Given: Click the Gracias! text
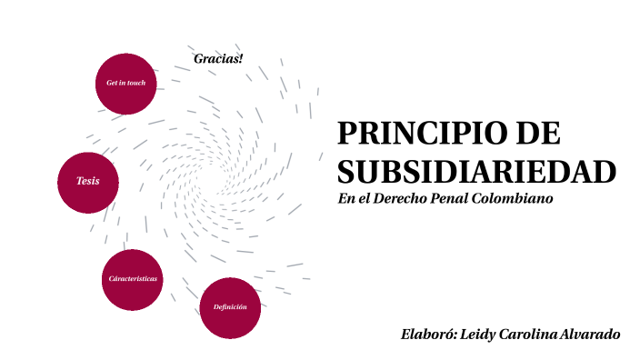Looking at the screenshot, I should [x=218, y=59].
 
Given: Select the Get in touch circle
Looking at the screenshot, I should [x=125, y=84].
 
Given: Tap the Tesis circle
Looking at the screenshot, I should [x=88, y=181].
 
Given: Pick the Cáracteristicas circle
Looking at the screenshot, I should [x=133, y=279].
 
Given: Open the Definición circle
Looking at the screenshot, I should [x=230, y=307].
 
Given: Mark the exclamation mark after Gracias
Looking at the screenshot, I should [x=241, y=59].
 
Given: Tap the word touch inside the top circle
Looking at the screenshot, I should [x=136, y=83].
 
